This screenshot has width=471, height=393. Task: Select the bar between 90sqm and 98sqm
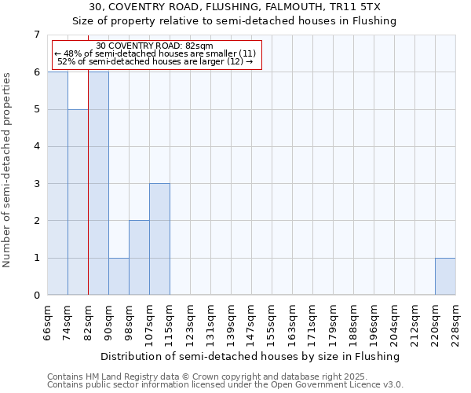coord(119,276)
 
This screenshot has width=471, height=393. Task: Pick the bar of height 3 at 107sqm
coord(159,239)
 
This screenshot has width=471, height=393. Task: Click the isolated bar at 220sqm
coord(445,276)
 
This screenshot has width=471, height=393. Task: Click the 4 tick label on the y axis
coord(36,146)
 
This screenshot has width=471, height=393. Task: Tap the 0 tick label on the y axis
coord(36,296)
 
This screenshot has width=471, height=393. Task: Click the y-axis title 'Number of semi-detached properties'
coord(8,170)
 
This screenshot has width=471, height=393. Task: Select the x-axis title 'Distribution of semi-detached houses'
coord(251,356)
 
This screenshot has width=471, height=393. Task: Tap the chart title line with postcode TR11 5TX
coord(235,7)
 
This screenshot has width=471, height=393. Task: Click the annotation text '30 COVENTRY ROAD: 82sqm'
coord(155,46)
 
